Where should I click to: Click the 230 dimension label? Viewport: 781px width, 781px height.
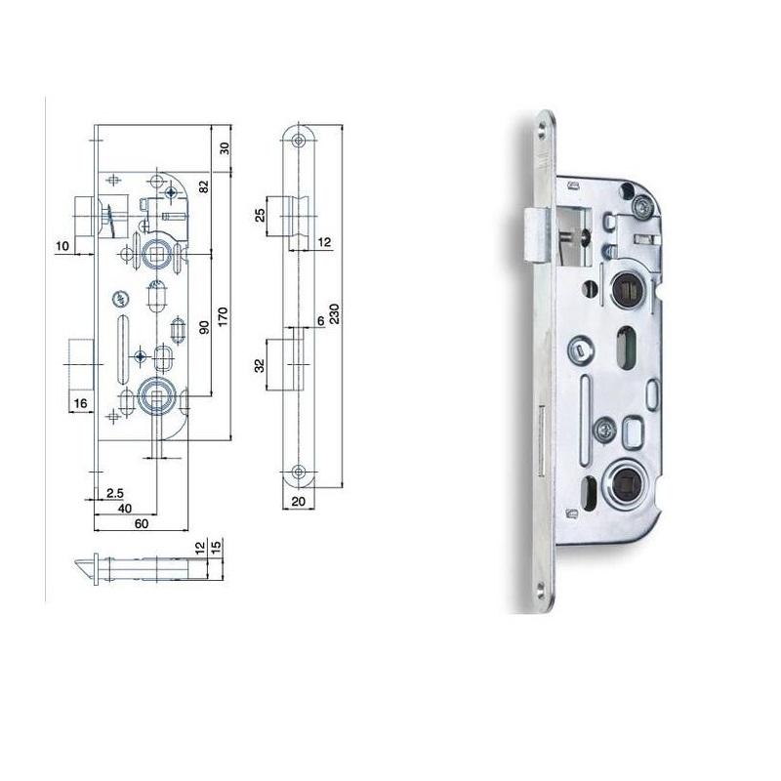pos(334,313)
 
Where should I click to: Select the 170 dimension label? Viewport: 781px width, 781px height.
pos(223,316)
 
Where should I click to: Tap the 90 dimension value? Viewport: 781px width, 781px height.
pos(204,327)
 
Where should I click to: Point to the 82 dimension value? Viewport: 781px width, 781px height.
pos(204,186)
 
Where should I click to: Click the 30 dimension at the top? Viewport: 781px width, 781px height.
pos(225,148)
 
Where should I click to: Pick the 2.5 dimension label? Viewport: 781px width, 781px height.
pos(115,493)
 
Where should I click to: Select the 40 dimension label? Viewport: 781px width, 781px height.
pos(125,508)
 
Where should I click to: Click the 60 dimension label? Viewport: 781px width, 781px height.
pos(142,523)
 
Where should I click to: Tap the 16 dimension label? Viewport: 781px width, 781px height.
pos(81,403)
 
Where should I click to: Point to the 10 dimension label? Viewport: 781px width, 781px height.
pos(62,246)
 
